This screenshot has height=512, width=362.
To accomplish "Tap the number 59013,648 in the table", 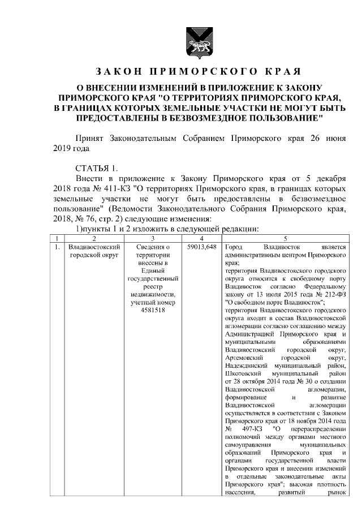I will (x=201, y=248).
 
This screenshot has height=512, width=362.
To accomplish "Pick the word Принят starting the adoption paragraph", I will (x=90, y=138).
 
